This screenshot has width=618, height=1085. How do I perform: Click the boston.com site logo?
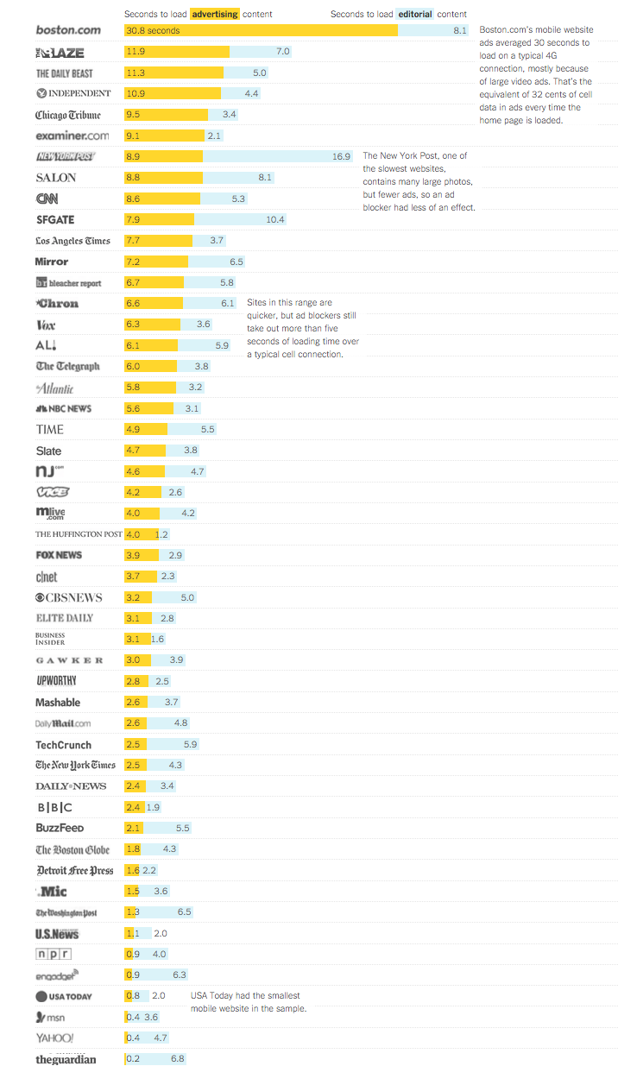(68, 30)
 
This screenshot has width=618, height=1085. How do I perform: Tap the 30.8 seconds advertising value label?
(153, 31)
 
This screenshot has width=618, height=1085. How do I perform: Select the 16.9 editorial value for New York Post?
(341, 156)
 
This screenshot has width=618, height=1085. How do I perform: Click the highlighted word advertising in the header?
(214, 14)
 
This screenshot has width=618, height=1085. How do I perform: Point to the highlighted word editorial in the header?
(415, 14)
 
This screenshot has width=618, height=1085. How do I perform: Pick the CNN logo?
(47, 199)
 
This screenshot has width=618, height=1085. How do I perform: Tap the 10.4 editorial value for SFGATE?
(275, 219)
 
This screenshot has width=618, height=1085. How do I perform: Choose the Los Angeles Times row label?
(73, 241)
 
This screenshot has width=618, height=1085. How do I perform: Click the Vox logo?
(46, 325)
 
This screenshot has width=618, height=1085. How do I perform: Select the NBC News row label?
(63, 408)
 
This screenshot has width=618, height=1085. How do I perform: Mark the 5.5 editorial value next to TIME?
(207, 429)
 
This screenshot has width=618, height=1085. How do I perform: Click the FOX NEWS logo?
(59, 555)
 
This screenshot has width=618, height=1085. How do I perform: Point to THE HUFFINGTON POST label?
(79, 534)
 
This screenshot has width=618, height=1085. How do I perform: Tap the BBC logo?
(54, 807)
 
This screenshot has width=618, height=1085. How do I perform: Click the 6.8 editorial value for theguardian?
(178, 1058)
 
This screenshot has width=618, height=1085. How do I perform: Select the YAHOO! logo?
(54, 1038)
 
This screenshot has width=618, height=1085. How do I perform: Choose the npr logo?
(53, 954)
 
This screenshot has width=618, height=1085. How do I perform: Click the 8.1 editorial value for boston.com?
(459, 31)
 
